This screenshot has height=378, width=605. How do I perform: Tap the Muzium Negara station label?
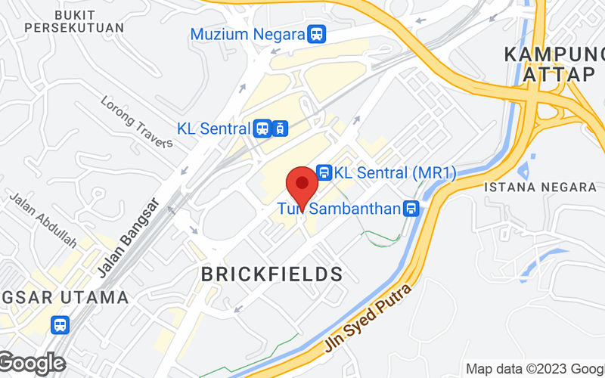tap(247, 34)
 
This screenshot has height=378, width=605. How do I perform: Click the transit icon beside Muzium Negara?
tap(317, 34)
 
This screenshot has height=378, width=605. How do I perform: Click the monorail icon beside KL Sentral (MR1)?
tap(324, 172)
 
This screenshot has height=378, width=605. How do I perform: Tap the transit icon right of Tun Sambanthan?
tap(411, 209)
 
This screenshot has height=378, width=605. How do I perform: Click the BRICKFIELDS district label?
tap(272, 274)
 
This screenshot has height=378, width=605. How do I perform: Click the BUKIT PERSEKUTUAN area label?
tap(73, 20)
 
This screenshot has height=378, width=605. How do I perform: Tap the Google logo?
tap(32, 364)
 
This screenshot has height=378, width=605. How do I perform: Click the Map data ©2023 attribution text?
tap(534, 369)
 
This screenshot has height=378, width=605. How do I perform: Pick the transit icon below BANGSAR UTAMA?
tap(60, 325)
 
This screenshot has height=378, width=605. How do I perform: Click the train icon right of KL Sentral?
tap(280, 128)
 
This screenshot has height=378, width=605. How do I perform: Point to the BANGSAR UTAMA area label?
tap(64, 297)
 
